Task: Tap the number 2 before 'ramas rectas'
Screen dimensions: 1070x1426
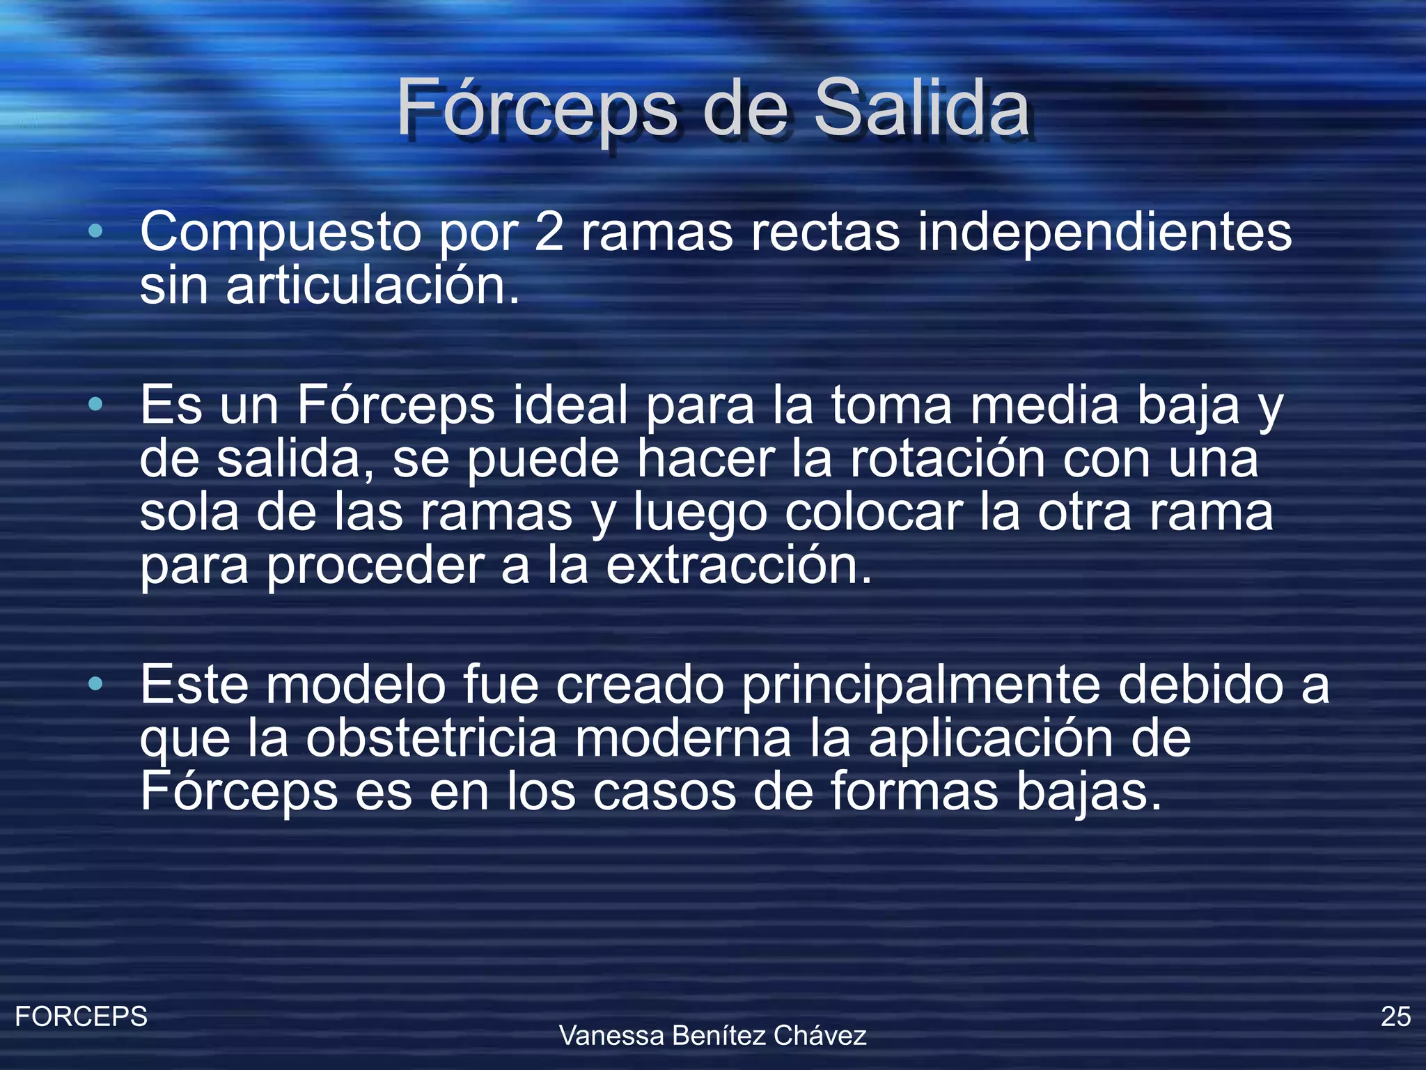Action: [549, 231]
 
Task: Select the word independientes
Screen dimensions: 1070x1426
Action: [1104, 231]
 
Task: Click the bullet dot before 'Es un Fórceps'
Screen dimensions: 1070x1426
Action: [96, 404]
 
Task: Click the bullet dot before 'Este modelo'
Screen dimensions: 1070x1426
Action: [96, 684]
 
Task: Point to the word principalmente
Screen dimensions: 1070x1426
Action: [920, 685]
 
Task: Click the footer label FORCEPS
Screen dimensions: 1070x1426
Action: [81, 1016]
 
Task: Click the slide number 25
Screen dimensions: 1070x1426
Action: [1395, 1016]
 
